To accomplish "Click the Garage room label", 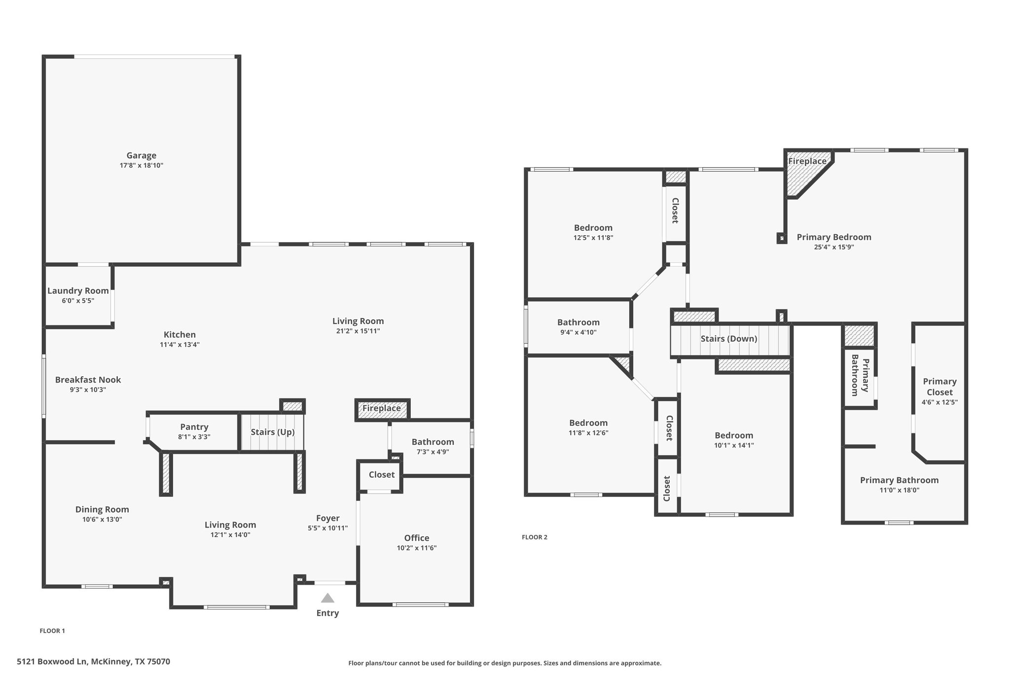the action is click(x=142, y=155).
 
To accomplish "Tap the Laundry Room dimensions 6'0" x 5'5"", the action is click(x=78, y=301).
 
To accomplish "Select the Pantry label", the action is click(x=194, y=427).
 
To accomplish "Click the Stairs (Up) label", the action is click(x=273, y=432).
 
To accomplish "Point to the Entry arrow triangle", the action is click(x=327, y=598).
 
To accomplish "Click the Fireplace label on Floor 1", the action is click(x=382, y=408).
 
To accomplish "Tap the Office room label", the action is click(x=417, y=538).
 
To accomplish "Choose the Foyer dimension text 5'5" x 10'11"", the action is click(x=328, y=528).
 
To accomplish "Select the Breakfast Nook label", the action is click(x=88, y=380).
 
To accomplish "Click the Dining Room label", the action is click(x=102, y=509).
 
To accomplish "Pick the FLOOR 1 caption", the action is click(x=52, y=631).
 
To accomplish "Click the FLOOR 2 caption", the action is click(x=535, y=537).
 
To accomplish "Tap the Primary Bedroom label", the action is click(x=834, y=237).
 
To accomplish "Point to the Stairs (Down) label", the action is click(x=729, y=339).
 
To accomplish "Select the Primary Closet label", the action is click(x=940, y=387).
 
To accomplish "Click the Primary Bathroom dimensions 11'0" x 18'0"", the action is click(x=900, y=490).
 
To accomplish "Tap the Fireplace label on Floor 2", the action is click(x=807, y=161).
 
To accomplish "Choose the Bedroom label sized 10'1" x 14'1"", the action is click(x=734, y=435).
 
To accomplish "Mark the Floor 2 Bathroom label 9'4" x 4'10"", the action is click(x=578, y=322).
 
